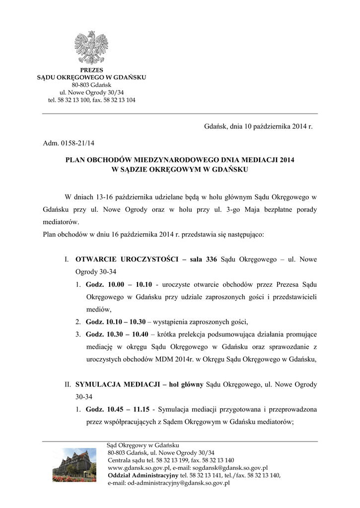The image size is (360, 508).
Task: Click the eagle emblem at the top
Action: click(91, 48)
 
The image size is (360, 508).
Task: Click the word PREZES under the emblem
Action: click(91, 70)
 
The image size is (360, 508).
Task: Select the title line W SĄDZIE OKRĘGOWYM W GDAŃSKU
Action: click(180, 169)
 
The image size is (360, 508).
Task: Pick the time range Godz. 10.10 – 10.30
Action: click(115, 321)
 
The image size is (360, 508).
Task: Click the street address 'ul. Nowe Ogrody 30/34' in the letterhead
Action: click(91, 92)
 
